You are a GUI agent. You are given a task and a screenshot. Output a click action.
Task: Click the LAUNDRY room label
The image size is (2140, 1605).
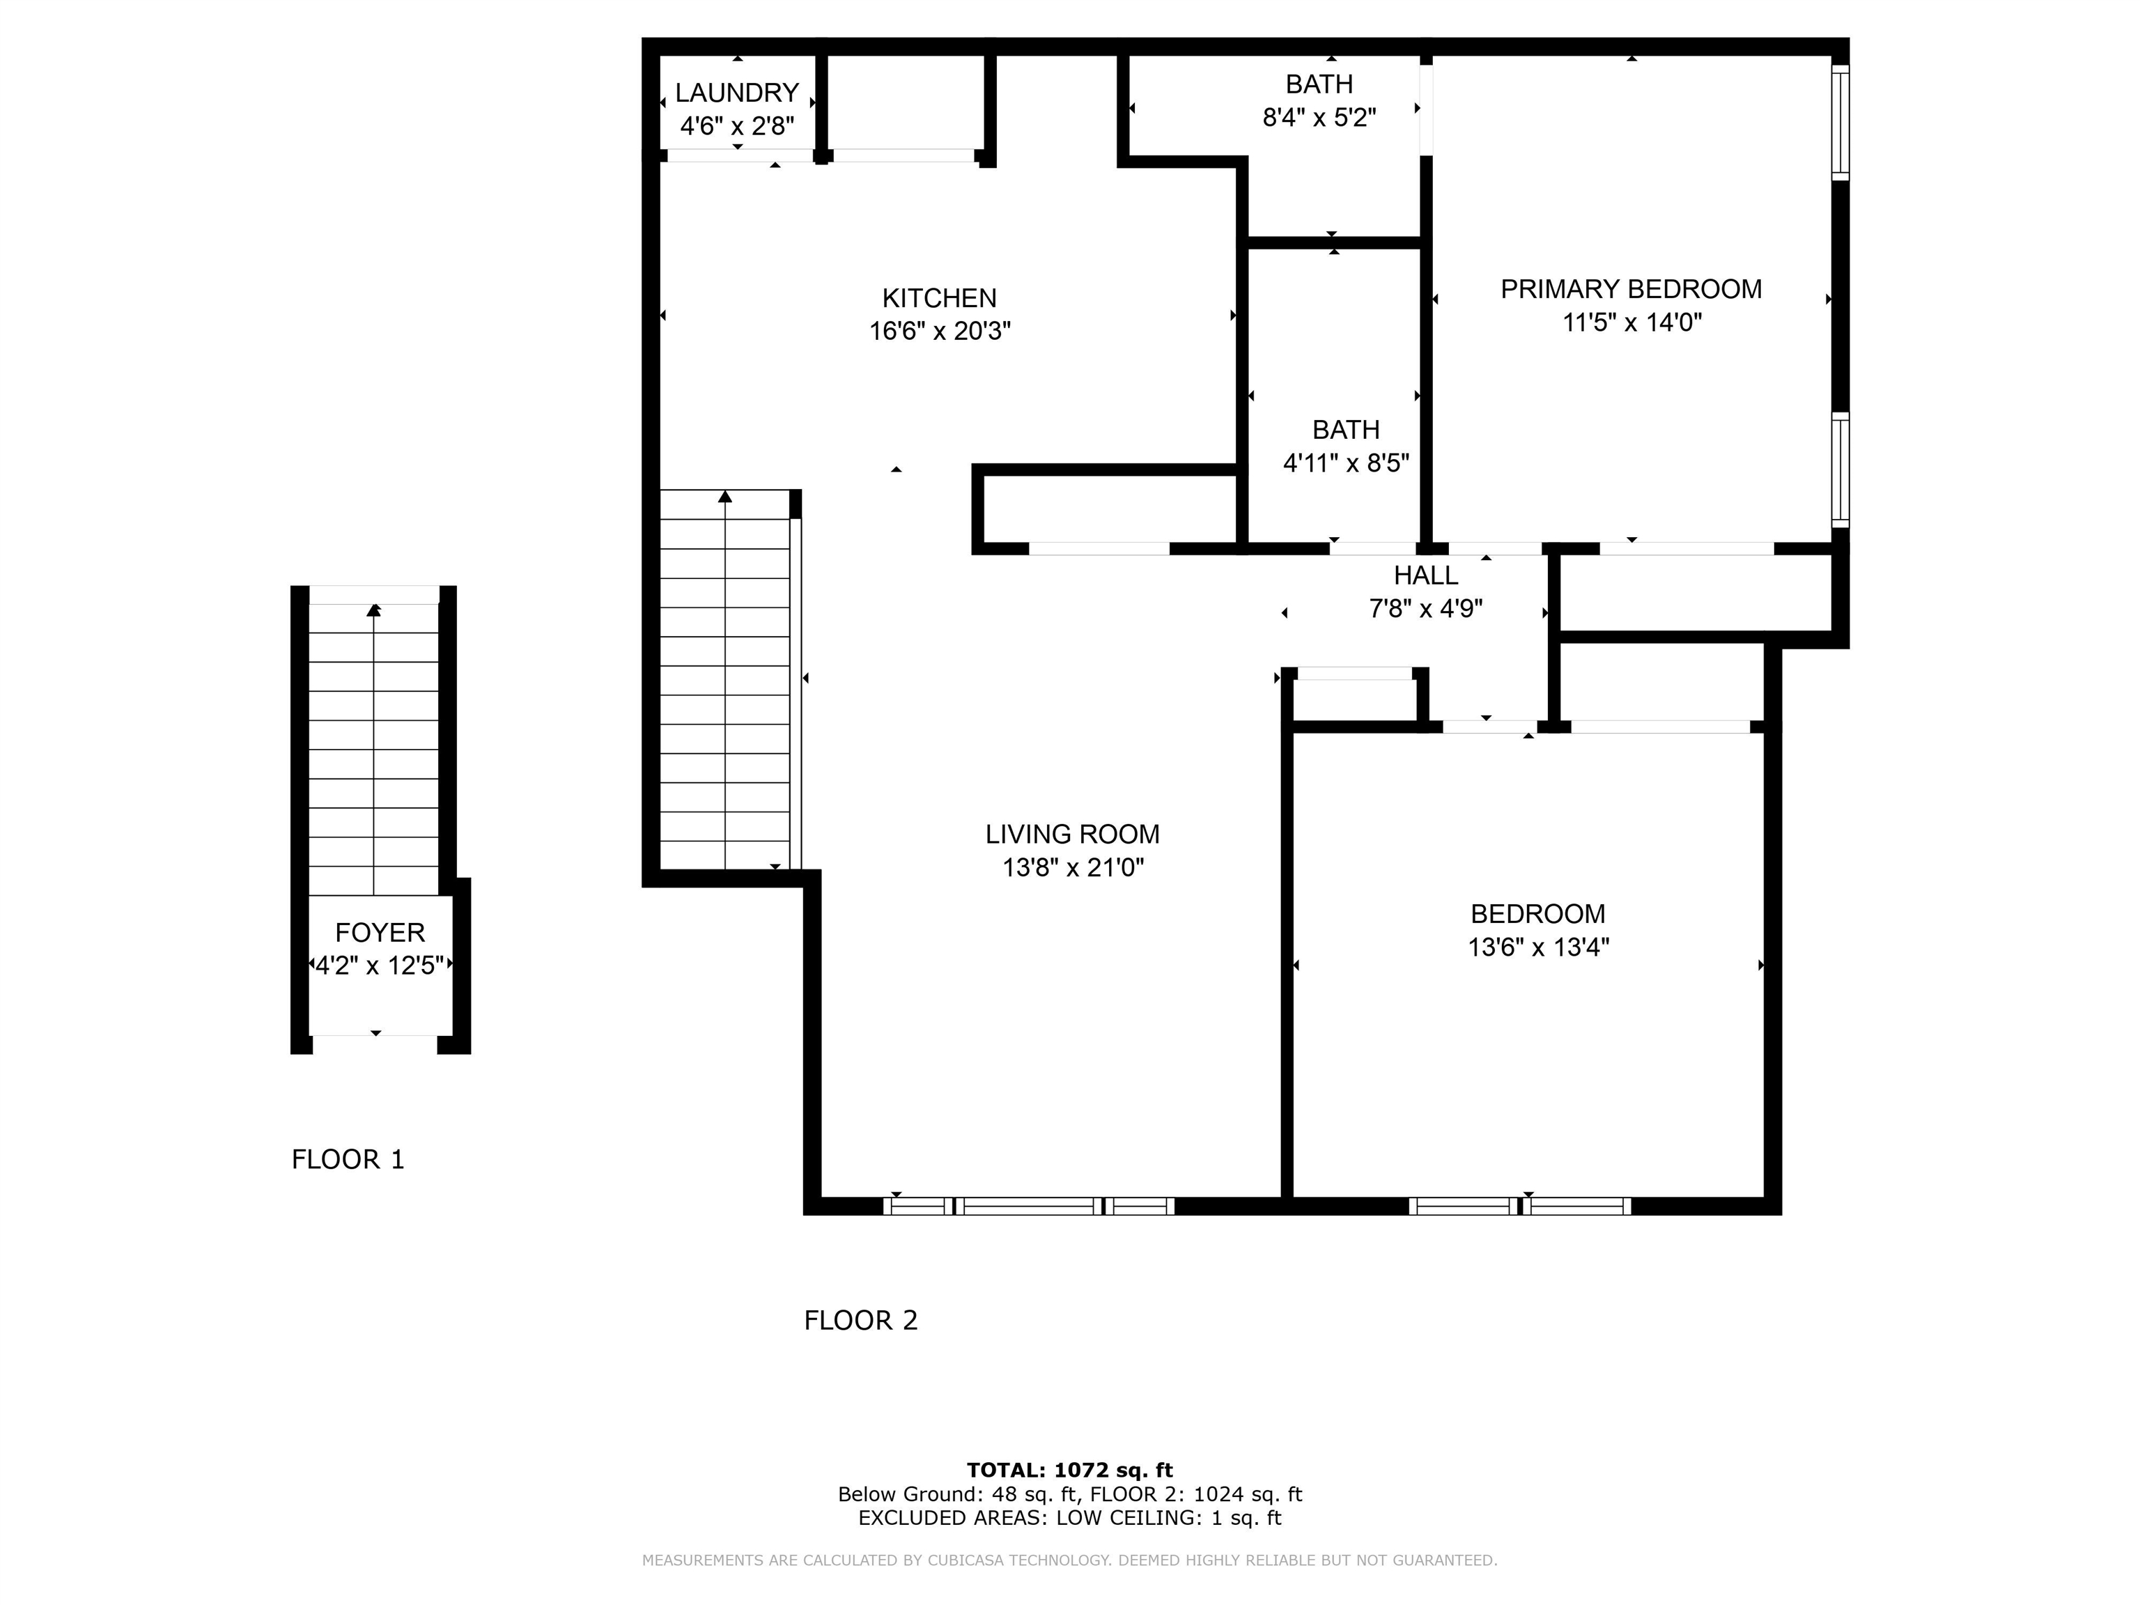[x=736, y=93]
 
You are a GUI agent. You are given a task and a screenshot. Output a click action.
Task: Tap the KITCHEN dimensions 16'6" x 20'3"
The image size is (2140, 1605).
[x=940, y=331]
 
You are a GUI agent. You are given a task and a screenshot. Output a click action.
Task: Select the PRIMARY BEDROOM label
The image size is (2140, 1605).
[x=1630, y=289]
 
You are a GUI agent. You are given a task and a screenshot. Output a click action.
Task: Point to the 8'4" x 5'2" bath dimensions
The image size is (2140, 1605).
[x=1319, y=118]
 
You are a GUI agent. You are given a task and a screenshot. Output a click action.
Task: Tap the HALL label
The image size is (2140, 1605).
[x=1425, y=575]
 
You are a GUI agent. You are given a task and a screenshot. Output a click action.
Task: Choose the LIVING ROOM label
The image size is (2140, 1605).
[x=1072, y=834]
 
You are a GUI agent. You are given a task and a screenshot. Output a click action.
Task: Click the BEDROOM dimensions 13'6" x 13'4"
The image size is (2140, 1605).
[x=1537, y=947]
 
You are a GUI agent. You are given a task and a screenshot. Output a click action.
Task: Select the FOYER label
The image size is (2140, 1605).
[x=379, y=933]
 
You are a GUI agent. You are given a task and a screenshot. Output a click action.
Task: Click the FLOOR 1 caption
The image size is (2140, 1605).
[x=348, y=1159]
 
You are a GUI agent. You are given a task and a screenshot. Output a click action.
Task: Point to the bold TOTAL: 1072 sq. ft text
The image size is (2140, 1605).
[x=1069, y=1471]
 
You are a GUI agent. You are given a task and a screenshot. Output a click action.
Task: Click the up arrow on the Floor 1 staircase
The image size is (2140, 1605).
[x=373, y=610]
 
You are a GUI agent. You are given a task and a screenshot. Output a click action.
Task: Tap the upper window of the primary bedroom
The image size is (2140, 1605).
[x=1840, y=122]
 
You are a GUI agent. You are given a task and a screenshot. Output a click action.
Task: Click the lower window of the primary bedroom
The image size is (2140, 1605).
[x=1840, y=470]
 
